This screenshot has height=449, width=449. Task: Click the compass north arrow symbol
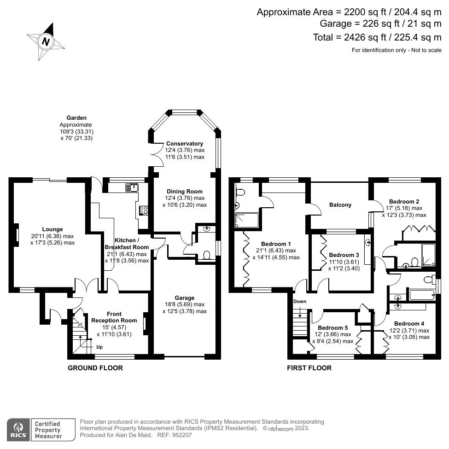46,41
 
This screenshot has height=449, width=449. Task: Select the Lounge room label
52,229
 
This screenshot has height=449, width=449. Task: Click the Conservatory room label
185,143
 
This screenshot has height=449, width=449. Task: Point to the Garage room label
184,297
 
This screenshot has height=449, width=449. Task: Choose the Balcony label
340,205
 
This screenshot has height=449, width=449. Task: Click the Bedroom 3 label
344,255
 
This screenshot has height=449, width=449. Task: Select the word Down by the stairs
300,302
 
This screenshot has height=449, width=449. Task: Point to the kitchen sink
132,187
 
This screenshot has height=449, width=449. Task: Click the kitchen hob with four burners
143,210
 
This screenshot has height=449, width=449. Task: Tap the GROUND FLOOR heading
95,368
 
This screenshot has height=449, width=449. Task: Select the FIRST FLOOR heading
309,368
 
